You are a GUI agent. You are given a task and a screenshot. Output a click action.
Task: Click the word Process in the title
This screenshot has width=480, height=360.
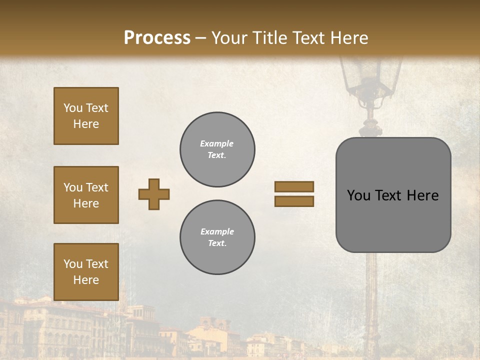pos(157,37)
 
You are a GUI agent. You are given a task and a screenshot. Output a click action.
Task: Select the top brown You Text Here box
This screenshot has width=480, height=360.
pos(86,116)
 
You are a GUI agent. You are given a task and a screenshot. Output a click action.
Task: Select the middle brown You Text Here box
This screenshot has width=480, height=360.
pos(86,195)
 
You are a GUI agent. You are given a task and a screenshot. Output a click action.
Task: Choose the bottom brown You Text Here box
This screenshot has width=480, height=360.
pos(86,272)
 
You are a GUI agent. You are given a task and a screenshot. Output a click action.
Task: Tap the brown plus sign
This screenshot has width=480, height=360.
pos(154,194)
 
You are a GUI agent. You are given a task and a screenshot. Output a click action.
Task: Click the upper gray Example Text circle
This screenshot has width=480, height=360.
pos(217,149)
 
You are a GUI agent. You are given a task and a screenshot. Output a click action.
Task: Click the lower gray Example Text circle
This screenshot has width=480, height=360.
pos(217,237)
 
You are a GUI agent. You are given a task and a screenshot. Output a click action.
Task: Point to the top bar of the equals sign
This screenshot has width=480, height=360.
pos(294,186)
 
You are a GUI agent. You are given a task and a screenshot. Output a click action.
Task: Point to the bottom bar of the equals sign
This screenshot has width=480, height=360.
pos(294,201)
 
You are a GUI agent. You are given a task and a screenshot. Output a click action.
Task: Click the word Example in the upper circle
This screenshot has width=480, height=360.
pos(217,143)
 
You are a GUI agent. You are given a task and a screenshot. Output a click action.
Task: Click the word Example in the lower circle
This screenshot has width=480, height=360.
pos(217,231)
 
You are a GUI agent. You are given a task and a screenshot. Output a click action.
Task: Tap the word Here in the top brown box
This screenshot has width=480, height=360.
pos(86,124)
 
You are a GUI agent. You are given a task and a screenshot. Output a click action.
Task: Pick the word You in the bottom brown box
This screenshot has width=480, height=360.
pos(73,263)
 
